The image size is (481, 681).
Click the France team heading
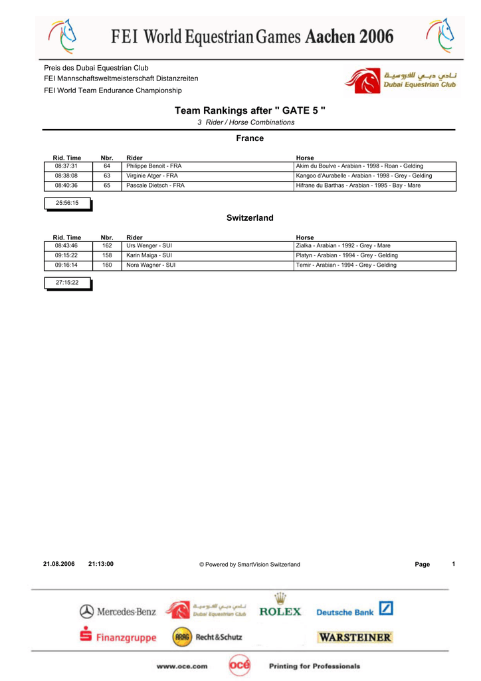tap(250, 138)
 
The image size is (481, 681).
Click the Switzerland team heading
tap(250, 218)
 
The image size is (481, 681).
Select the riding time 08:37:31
tap(66, 166)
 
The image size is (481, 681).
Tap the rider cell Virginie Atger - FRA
tap(152, 176)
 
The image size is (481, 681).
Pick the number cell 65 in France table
tap(107, 186)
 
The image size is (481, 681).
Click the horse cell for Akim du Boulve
tap(359, 166)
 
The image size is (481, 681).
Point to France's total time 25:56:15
tap(67, 204)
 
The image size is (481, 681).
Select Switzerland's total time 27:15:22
tap(67, 283)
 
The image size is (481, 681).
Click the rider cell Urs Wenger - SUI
tap(149, 246)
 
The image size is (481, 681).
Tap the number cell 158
tap(107, 255)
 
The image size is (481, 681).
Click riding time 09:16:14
tap(66, 265)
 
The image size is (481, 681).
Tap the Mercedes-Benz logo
tap(118, 611)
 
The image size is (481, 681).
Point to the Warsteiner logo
tap(355, 637)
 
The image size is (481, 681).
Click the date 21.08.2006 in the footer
tap(59, 564)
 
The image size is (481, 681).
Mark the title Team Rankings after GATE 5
tap(250, 110)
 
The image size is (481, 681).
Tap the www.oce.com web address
tap(182, 666)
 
